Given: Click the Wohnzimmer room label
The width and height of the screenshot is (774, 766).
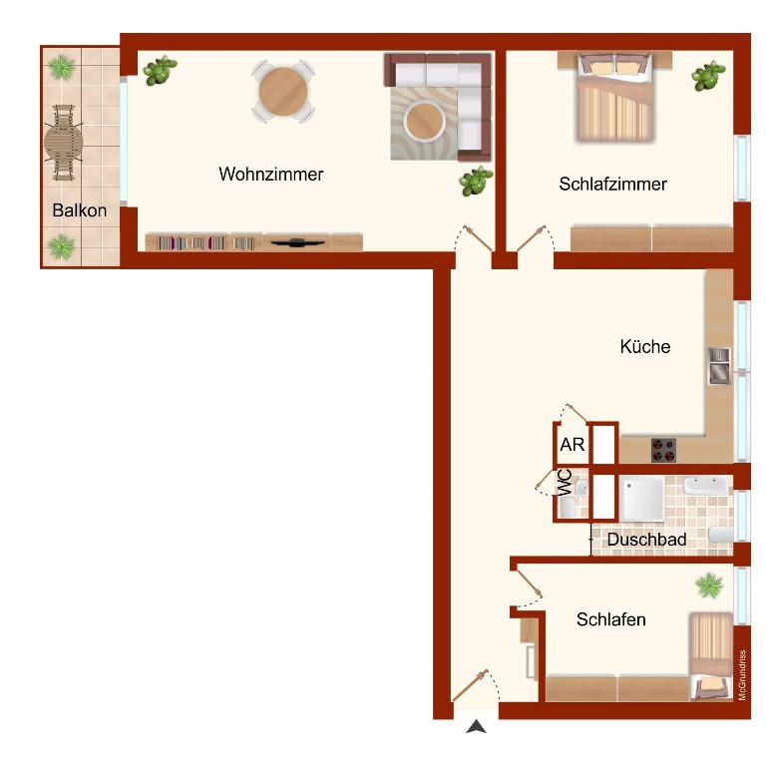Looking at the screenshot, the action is tap(271, 174).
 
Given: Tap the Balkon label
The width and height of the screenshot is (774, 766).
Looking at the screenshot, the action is tap(80, 210).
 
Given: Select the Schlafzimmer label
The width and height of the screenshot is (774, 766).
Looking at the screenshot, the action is tap(612, 185).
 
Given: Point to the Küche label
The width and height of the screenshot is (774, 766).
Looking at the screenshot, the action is tap(645, 346).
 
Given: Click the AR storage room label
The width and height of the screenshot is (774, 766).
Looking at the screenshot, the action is tap(573, 445).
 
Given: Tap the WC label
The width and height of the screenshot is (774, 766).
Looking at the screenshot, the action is tap(565, 482).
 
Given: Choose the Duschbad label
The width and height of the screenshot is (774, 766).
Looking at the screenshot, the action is tap(646, 540).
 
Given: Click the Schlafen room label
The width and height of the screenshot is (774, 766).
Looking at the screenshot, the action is tap(611, 619).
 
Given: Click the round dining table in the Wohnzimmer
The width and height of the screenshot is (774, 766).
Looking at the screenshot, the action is tap(283, 92).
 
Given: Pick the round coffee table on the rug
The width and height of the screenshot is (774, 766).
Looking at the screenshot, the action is tap(424, 122).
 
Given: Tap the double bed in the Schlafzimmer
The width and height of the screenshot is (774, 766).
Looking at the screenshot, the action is tap(615, 97).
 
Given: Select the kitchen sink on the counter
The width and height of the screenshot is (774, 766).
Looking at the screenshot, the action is tap(719, 366).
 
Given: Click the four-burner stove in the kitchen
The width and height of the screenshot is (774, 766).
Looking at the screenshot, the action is tap(663, 450).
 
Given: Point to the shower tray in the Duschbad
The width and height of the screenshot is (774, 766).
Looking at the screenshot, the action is tap(642, 499).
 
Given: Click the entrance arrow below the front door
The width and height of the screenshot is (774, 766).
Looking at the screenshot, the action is tap(477, 726).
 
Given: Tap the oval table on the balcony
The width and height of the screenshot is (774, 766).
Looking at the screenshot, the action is tap(63, 143).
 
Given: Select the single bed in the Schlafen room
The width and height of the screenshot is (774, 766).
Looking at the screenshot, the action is tap(711, 656).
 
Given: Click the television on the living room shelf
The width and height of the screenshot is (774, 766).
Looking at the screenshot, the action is tap(297, 242).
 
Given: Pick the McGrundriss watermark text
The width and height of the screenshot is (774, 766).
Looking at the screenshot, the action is tap(742, 674).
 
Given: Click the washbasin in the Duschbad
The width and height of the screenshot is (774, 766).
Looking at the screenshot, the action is tap(706, 486).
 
